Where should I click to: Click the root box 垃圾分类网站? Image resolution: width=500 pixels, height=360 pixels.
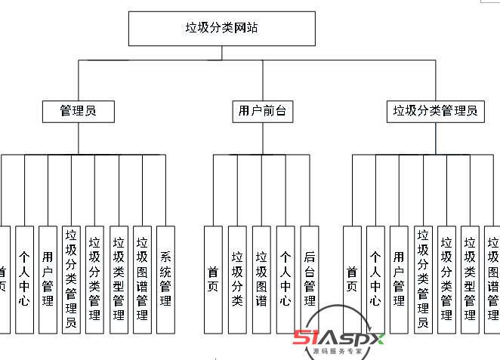221,28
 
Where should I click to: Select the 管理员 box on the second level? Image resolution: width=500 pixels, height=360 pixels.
79,111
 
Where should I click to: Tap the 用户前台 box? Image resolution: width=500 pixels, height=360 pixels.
261,111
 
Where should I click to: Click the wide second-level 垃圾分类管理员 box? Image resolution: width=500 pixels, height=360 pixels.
435,111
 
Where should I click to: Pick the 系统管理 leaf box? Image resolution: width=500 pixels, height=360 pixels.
165,279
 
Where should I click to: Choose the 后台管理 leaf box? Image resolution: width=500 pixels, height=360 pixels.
309,279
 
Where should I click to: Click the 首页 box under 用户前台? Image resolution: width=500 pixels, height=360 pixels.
213,279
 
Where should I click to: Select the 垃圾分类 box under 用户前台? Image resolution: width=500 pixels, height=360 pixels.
237,279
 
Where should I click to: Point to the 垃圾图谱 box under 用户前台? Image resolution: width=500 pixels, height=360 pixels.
261,279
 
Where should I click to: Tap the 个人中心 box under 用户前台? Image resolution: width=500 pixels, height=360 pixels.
285,279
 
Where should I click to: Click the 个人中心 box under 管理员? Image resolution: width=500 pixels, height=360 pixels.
24,279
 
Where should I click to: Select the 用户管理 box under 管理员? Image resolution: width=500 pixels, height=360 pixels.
48,279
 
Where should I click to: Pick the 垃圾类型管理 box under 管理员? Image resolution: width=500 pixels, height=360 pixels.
119,279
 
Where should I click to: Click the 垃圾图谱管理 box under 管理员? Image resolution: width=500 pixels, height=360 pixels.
142,279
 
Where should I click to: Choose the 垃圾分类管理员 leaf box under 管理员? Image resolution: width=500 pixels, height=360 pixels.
72,279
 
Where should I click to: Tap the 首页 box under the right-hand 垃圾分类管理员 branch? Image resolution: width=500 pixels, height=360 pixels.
352,279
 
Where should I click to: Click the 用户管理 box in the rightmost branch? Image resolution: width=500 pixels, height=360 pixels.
399,279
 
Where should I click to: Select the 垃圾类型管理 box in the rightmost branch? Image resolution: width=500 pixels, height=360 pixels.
470,279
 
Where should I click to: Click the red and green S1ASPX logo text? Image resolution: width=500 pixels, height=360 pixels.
338,338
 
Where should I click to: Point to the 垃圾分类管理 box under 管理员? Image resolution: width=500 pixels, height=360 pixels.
95,279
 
